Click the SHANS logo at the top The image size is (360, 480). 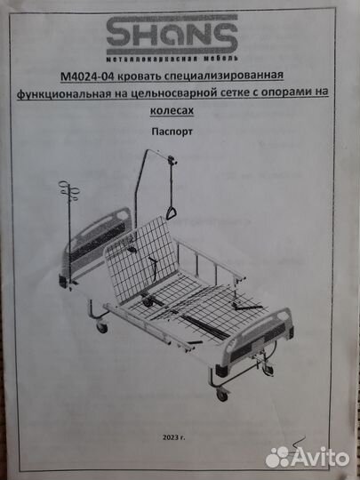(172, 35)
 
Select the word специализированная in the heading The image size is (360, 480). (224, 76)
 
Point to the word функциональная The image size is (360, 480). (64, 93)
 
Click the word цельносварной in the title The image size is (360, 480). (172, 93)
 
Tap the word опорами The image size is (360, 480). (286, 93)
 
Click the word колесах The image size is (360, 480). (172, 110)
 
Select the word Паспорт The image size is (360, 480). (172, 132)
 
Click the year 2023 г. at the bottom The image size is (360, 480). (173, 437)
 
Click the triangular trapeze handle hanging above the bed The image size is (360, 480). (172, 212)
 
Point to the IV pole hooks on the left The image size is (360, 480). (69, 190)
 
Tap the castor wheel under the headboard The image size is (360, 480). (102, 327)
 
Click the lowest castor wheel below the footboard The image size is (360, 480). (222, 395)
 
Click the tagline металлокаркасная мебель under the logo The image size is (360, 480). (172, 58)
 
